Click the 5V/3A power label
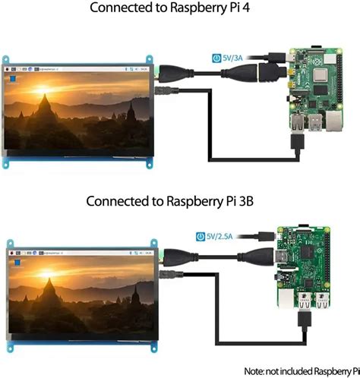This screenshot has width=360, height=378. point(235,57)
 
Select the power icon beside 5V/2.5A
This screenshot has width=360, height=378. point(201,236)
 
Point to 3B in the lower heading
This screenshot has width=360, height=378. point(262,202)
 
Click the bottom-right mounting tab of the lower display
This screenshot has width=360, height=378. point(149,351)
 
